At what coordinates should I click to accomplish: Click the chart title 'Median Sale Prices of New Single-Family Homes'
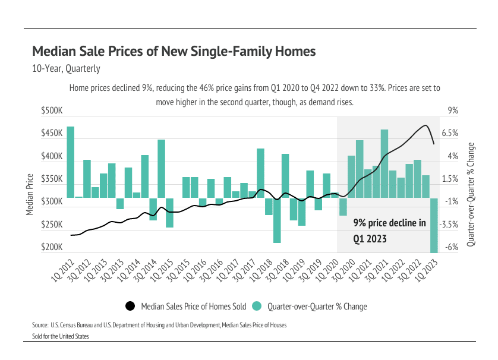pos(174,51)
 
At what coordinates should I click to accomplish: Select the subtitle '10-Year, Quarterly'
pos(66,69)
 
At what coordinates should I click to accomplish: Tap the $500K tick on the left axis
pos(52,111)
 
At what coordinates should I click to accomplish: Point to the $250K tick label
pos(52,225)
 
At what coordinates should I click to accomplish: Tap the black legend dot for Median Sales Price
pos(130,307)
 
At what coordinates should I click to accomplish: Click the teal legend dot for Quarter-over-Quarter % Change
pos(257,307)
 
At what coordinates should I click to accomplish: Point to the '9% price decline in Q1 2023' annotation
pos(389,231)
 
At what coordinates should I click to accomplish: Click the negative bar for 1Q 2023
pos(433,226)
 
